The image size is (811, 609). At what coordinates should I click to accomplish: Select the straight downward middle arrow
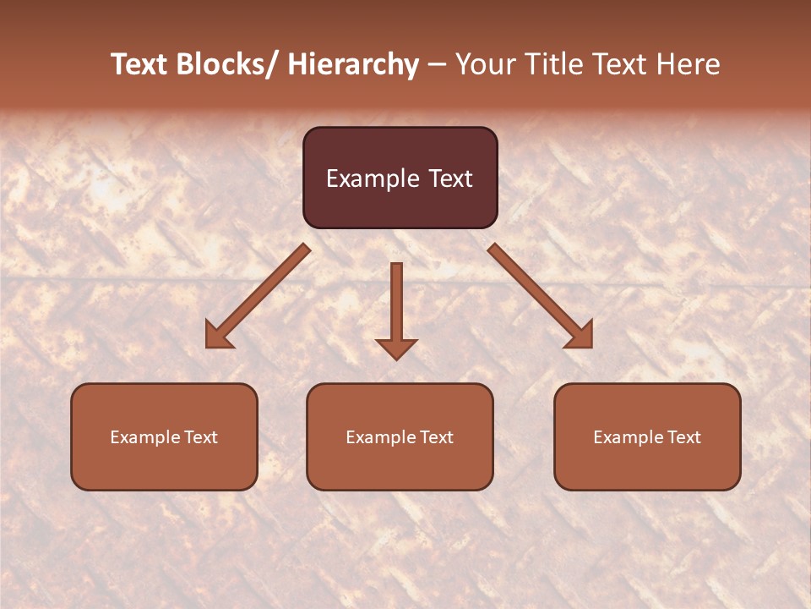coord(396,304)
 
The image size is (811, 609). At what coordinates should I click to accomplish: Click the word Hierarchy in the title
coord(353,64)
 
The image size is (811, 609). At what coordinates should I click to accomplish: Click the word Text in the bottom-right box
coord(683,437)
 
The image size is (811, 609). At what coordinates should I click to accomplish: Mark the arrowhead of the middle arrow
coord(396,348)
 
